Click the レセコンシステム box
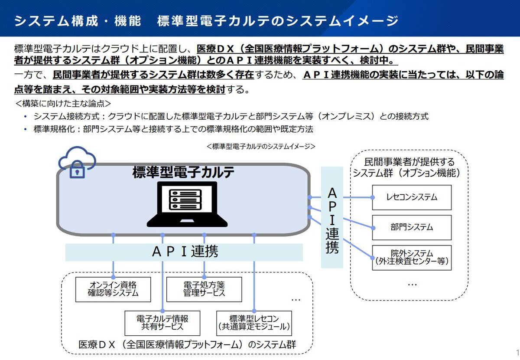pyautogui.click(x=412, y=197)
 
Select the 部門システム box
pyautogui.click(x=412, y=227)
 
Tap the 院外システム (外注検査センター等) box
pyautogui.click(x=412, y=258)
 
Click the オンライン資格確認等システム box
pyautogui.click(x=113, y=289)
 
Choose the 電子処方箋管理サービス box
pyautogui.click(x=204, y=289)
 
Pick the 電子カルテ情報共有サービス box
pyautogui.click(x=162, y=323)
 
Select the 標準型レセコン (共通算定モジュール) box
pyautogui.click(x=254, y=323)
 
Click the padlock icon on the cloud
pyautogui.click(x=77, y=170)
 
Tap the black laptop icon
pyautogui.click(x=187, y=204)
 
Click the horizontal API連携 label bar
pyautogui.click(x=184, y=252)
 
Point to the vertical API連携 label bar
pyautogui.click(x=332, y=217)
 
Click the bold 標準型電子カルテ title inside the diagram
pyautogui.click(x=183, y=172)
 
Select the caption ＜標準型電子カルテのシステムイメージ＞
pyautogui.click(x=261, y=146)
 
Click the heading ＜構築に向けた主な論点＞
pyautogui.click(x=63, y=103)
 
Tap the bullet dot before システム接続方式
pyautogui.click(x=25, y=116)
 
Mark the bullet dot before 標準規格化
pyautogui.click(x=25, y=129)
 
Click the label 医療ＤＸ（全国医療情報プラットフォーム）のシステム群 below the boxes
pyautogui.click(x=187, y=345)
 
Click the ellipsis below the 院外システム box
pyautogui.click(x=412, y=285)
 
